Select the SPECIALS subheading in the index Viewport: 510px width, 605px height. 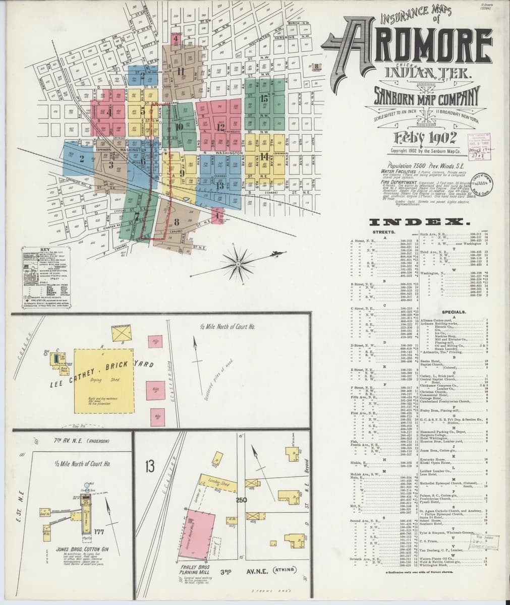(452, 312)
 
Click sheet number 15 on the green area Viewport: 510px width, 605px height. (264, 99)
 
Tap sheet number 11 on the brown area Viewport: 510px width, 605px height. (181, 71)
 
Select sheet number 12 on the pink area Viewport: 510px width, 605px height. (220, 127)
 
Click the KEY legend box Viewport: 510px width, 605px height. (46, 278)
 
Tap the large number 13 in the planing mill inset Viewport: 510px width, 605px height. (149, 466)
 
